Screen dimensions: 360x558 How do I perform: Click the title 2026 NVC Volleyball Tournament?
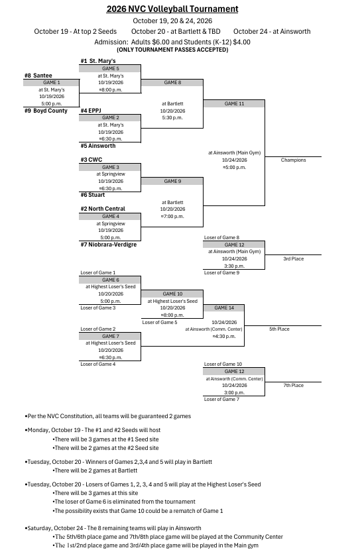pyautogui.click(x=172, y=9)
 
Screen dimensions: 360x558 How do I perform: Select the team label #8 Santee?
pyautogui.click(x=38, y=76)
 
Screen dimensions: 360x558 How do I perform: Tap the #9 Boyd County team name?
pyautogui.click(x=46, y=111)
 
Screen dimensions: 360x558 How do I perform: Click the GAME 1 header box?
pyautogui.click(x=51, y=83)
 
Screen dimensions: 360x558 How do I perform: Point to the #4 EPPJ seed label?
pyautogui.click(x=91, y=111)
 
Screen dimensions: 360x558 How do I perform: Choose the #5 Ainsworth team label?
pyautogui.click(x=98, y=146)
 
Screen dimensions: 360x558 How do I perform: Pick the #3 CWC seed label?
pyautogui.click(x=91, y=160)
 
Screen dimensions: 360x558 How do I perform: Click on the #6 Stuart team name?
pyautogui.click(x=93, y=195)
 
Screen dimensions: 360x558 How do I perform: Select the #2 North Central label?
pyautogui.click(x=103, y=209)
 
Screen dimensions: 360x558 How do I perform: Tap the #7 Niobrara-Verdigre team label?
pyautogui.click(x=109, y=245)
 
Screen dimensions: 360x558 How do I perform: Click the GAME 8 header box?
pyautogui.click(x=172, y=83)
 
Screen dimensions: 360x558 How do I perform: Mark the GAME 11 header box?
pyautogui.click(x=234, y=103)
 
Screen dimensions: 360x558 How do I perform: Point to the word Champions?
pyautogui.click(x=294, y=160)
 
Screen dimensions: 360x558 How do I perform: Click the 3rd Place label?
pyautogui.click(x=294, y=258)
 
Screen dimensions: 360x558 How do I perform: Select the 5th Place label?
pyautogui.click(x=279, y=329)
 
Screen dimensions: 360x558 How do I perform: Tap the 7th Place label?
pyautogui.click(x=294, y=386)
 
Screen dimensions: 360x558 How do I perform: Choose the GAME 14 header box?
pyautogui.click(x=224, y=307)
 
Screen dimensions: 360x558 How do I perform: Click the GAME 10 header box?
pyautogui.click(x=172, y=294)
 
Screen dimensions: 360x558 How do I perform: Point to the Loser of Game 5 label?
pyautogui.click(x=160, y=323)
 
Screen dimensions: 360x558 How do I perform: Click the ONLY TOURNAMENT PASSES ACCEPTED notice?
pyautogui.click(x=172, y=50)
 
